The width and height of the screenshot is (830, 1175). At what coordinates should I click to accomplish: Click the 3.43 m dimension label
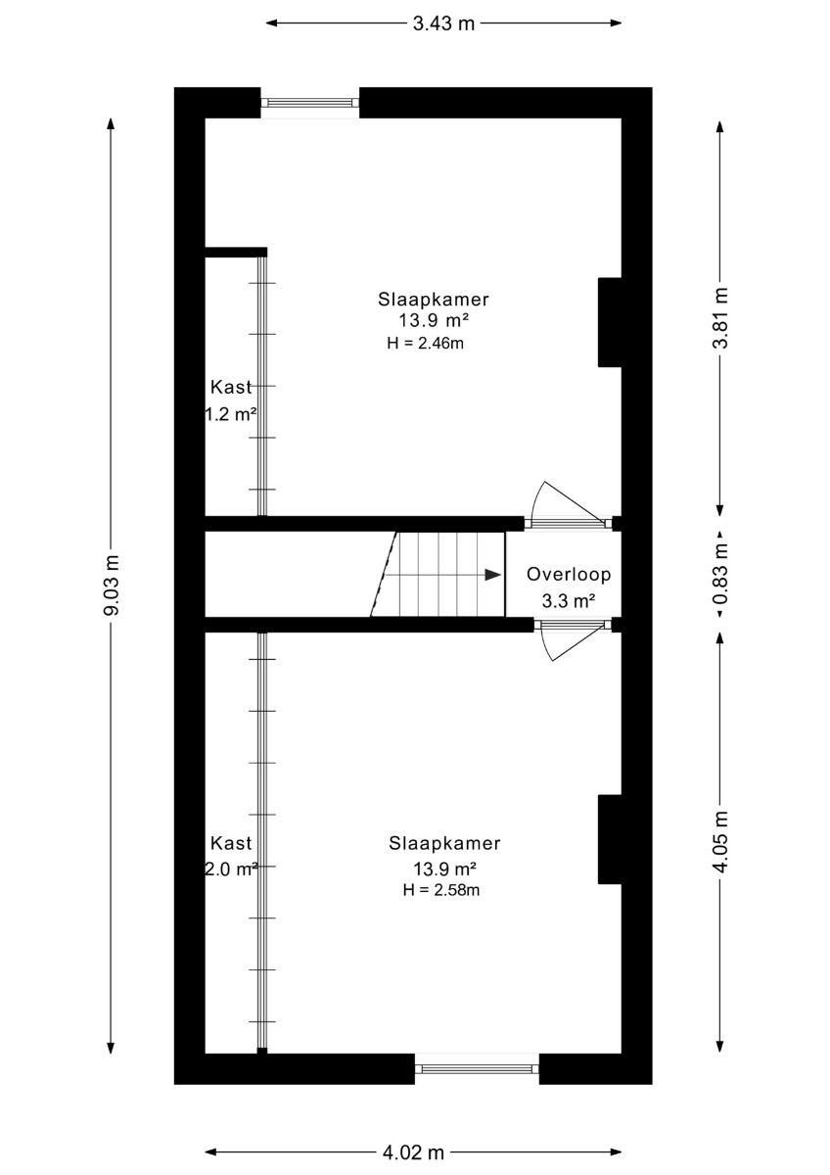click(443, 23)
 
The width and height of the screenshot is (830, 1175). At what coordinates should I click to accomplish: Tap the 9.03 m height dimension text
click(112, 585)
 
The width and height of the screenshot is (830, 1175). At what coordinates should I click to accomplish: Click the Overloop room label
click(569, 575)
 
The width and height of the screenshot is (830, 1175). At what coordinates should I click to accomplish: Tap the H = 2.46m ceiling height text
click(425, 344)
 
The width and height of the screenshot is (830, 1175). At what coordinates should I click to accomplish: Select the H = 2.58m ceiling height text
click(441, 890)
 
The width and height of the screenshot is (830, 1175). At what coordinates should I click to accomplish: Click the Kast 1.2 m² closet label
click(231, 401)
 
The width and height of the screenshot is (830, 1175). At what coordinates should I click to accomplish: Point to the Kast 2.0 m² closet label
click(231, 857)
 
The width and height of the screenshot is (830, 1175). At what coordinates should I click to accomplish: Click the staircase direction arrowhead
click(493, 575)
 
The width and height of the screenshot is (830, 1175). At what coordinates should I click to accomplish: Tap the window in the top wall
click(310, 103)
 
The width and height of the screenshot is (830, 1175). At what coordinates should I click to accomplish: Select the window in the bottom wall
click(477, 1068)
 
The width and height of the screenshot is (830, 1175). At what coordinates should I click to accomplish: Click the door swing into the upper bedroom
click(568, 502)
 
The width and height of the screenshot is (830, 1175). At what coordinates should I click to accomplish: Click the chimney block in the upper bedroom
click(610, 322)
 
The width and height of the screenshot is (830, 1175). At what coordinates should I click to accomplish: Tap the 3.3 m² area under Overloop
click(569, 601)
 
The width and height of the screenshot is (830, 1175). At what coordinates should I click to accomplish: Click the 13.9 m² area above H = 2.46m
click(433, 319)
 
